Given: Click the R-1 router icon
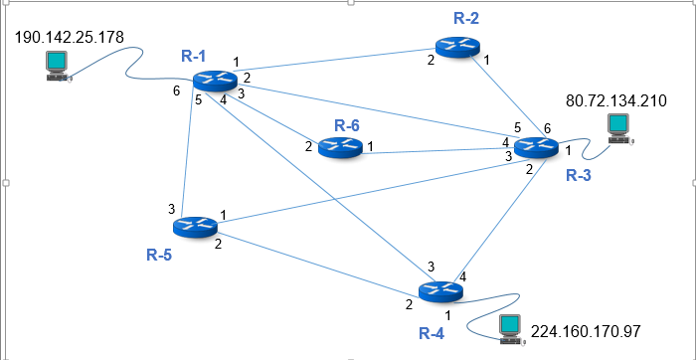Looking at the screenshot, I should (215, 81).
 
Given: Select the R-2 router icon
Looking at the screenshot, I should (457, 47).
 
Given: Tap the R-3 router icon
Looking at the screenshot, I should (537, 146).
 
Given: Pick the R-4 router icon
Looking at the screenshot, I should (440, 291).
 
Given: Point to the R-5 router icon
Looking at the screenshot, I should (200, 227).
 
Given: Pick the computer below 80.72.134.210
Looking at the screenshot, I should (618, 127).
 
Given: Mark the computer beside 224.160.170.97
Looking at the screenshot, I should (511, 328).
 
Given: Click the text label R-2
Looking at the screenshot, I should (465, 18).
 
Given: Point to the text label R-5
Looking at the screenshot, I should (159, 255).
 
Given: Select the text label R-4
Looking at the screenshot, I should (431, 332).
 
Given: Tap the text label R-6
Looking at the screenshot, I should (346, 124).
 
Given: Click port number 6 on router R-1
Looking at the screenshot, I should (177, 91).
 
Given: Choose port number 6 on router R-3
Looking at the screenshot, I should (546, 129).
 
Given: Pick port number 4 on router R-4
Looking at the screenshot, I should (462, 275).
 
